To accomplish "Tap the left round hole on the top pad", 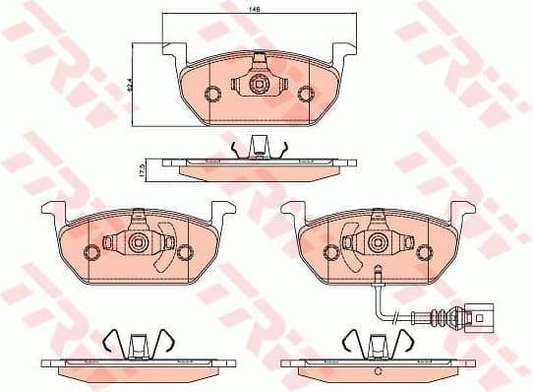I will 210,95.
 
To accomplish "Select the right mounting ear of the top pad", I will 343,52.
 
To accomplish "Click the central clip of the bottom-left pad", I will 137,242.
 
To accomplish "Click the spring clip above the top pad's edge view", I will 257,148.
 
